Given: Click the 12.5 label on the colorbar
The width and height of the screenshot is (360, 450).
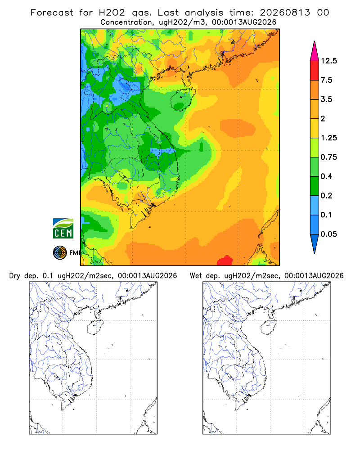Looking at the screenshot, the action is point(328,61).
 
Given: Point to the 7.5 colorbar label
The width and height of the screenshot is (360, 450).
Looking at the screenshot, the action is point(326,80).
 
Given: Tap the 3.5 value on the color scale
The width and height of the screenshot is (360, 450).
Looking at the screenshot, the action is point(326,99).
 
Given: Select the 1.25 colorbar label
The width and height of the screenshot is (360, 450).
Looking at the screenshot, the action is point(328,138).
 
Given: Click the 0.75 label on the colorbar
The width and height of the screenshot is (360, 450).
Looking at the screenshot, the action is point(328,157).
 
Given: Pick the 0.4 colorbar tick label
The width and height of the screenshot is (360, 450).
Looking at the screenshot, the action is point(326,176).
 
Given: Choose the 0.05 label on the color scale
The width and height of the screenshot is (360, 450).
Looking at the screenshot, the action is point(328,234).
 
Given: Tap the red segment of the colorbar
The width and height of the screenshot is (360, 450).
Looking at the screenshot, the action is point(315,71).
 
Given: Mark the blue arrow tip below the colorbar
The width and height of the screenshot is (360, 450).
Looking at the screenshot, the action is point(315,252).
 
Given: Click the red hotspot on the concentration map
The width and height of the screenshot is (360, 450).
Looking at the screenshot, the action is point(225,261).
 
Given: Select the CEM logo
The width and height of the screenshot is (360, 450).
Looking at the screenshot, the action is point(63,229).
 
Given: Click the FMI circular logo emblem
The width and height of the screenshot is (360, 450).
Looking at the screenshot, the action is point(60,253).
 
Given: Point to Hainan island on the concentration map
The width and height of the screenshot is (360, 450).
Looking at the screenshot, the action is point(183,99).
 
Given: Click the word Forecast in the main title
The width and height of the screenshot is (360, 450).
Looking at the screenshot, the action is point(52,13).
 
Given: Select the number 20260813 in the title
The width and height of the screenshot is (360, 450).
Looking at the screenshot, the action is point(285,13).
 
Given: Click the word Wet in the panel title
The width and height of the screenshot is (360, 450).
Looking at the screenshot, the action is point(196,276).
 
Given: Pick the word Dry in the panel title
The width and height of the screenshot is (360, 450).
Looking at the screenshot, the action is point(15,276).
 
